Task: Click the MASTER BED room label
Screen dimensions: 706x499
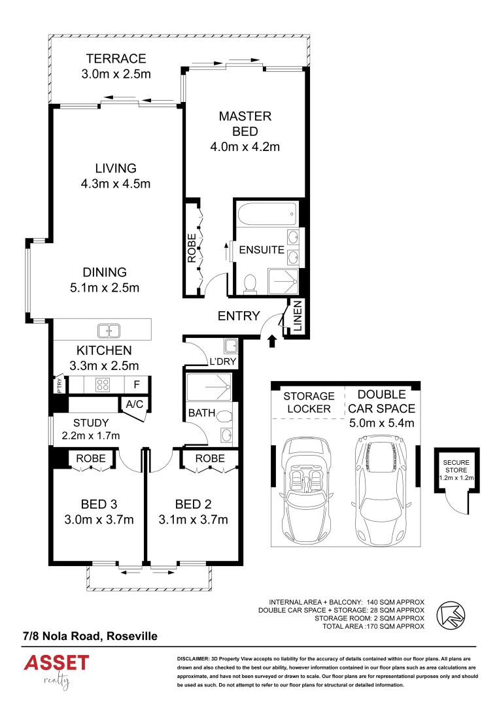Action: (245, 131)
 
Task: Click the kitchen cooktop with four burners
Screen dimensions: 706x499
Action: (102, 384)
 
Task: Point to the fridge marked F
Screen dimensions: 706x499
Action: (137, 384)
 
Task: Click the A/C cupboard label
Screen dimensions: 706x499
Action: (135, 405)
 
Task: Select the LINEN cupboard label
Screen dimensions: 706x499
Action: (297, 318)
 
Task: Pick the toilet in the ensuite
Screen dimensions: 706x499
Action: (249, 284)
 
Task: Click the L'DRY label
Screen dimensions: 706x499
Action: (222, 361)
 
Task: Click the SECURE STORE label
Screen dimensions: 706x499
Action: (458, 473)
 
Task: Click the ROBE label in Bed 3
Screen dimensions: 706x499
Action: (91, 459)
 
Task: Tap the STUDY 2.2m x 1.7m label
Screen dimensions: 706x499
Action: (91, 429)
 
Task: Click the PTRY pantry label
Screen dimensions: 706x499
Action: (59, 385)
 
